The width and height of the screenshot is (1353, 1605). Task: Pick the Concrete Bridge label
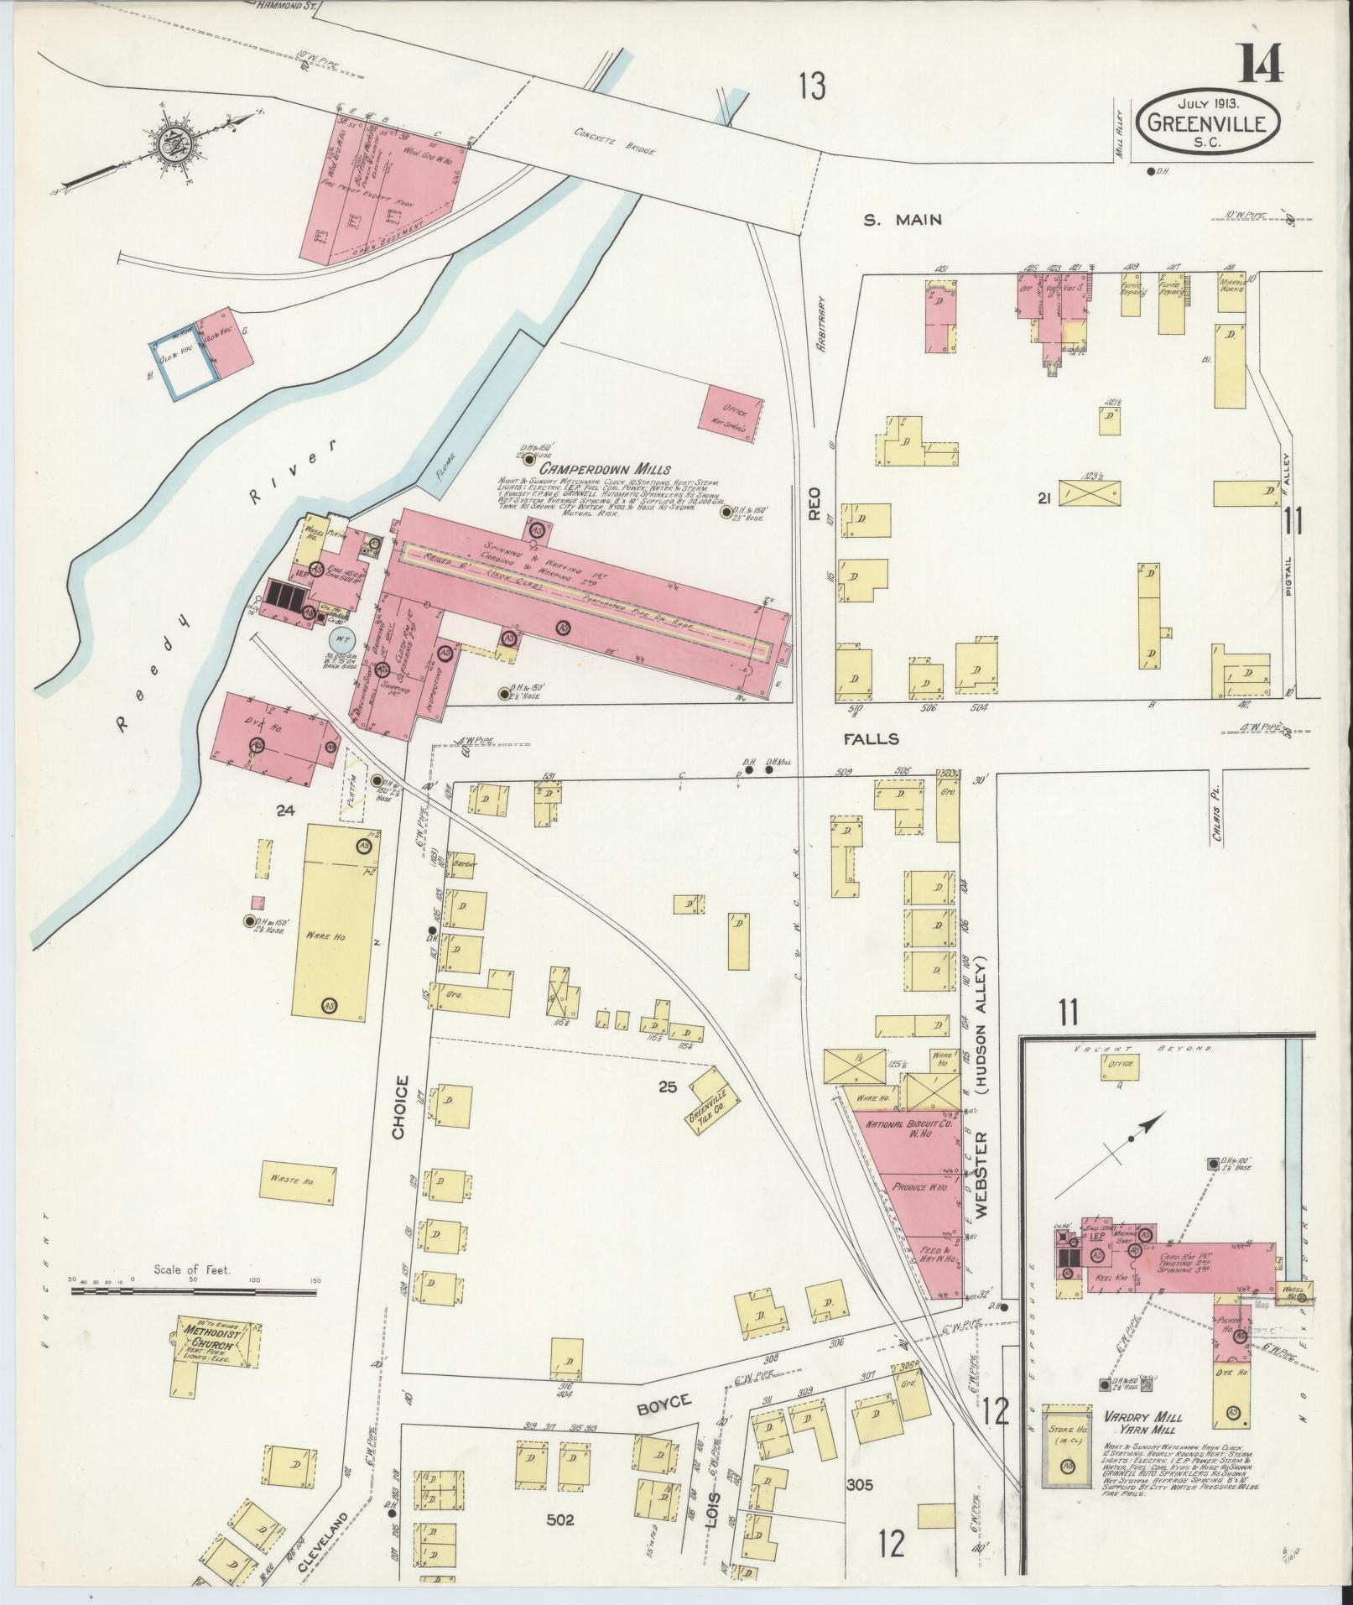(614, 142)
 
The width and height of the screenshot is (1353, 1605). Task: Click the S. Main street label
(903, 221)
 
